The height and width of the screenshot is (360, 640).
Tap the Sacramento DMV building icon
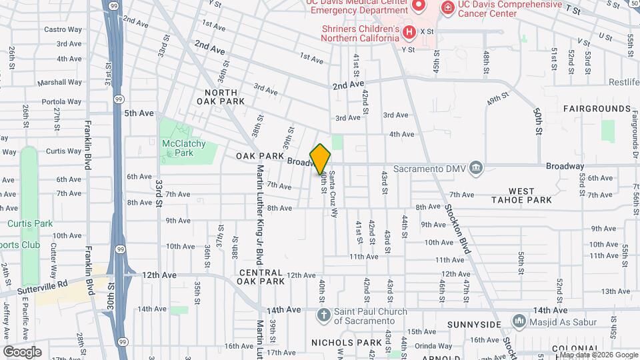pos(475,167)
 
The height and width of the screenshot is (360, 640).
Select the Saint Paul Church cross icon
pos(323,314)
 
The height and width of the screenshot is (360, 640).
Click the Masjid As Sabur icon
pos(519,323)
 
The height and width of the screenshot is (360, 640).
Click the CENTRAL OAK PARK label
pos(262,277)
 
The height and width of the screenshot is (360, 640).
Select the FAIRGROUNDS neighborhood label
pos(597,108)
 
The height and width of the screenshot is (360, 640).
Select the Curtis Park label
pos(30,223)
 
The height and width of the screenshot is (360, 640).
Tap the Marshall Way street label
pos(59,83)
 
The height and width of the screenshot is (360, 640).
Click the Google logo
pos(22,351)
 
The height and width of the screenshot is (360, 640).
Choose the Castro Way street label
pos(63,29)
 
